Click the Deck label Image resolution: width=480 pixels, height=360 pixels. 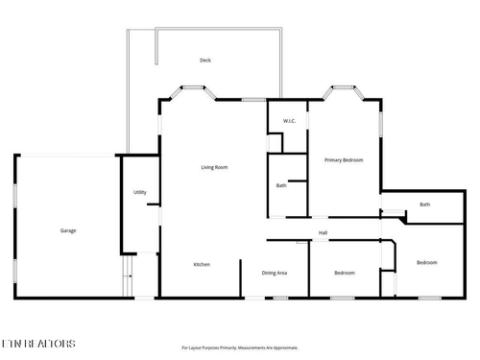tap(204, 60)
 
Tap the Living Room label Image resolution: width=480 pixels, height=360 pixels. tap(214, 168)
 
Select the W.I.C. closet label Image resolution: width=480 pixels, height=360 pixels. tap(288, 121)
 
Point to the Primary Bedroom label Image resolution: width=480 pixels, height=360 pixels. tap(344, 160)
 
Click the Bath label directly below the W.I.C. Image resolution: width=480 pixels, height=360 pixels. tap(281, 185)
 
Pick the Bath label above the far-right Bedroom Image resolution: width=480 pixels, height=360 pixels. tap(424, 204)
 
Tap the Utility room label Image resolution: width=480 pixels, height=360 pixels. tap(140, 193)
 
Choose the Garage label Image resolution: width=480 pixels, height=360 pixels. tap(68, 230)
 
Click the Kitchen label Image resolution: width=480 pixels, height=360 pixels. tap(202, 265)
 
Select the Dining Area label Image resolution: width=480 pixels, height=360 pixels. tap(275, 274)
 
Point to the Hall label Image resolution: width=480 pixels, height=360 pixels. tap(324, 232)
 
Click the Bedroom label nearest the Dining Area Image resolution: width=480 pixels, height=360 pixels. tap(344, 274)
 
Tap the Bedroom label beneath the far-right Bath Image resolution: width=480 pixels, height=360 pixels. tap(426, 263)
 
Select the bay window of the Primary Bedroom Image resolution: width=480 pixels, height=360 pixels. tap(343, 92)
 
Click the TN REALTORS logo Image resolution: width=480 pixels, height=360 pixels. tap(37, 343)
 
